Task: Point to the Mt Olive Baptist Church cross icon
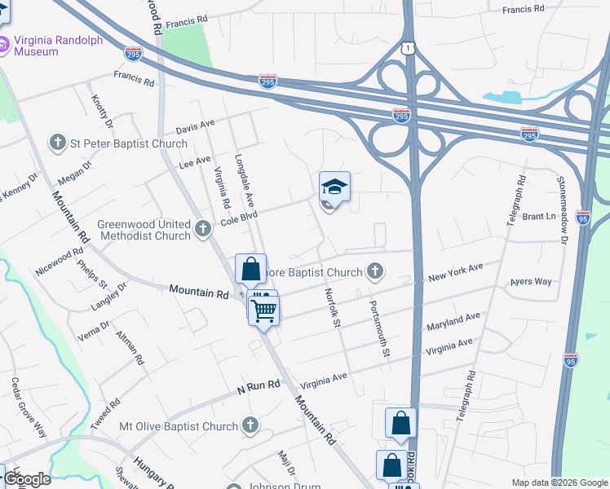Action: click(250, 425)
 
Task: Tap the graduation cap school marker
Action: click(334, 187)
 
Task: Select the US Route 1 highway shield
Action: click(407, 49)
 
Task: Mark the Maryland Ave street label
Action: click(453, 322)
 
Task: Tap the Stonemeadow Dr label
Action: click(563, 209)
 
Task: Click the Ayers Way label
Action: click(531, 282)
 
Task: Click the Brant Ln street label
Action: click(538, 217)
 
